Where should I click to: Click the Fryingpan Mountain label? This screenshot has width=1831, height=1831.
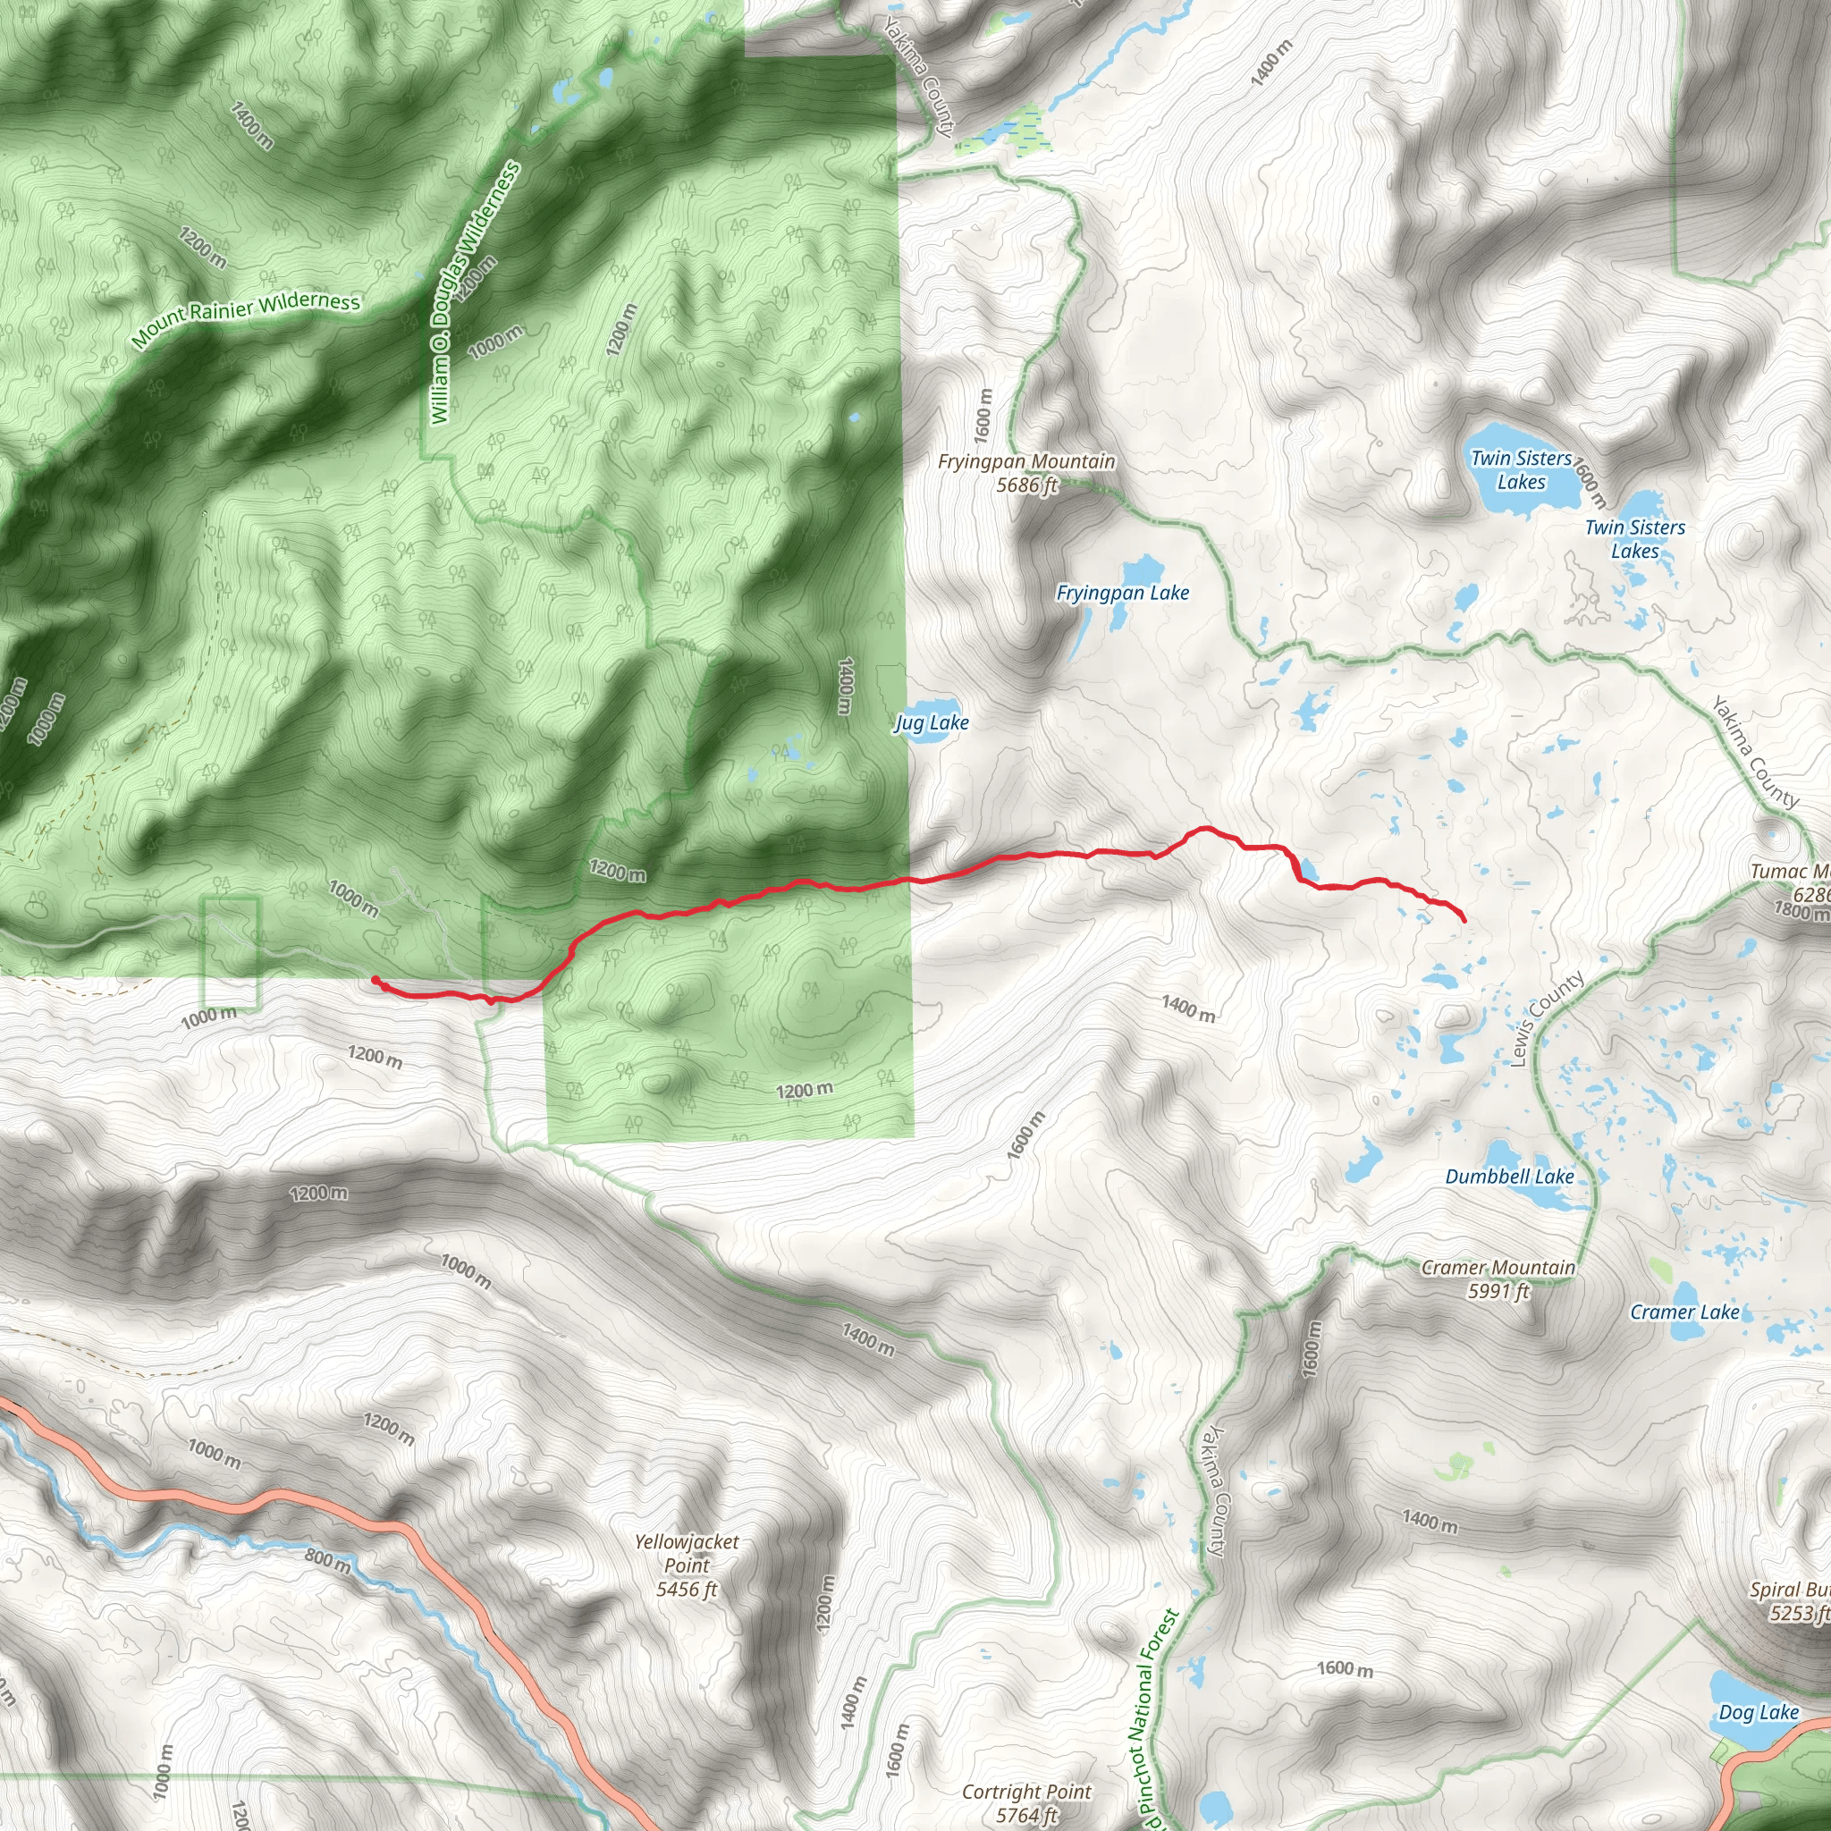[1026, 461]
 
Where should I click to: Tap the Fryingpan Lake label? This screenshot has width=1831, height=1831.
[1122, 594]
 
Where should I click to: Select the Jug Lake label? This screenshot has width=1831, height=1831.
[932, 723]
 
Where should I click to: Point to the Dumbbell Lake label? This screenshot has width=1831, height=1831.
[1509, 1177]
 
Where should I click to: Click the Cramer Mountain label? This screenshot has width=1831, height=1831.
[1498, 1267]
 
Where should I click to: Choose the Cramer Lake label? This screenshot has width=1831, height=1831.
[1684, 1312]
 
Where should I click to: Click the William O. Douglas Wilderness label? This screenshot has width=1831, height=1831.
[473, 294]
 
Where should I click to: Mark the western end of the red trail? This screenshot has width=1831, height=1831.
[375, 979]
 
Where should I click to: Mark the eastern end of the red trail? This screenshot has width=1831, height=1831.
[1465, 919]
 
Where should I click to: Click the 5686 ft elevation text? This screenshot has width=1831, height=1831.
[1026, 485]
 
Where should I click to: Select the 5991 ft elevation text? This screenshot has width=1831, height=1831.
[1498, 1291]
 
